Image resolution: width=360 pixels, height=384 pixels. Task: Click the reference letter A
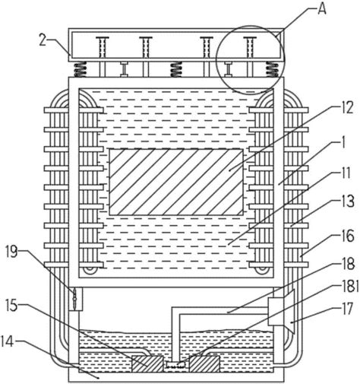pyautogui.click(x=321, y=10)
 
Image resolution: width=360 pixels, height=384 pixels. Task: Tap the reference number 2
pyautogui.click(x=43, y=40)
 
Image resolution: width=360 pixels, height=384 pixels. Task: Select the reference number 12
pyautogui.click(x=346, y=108)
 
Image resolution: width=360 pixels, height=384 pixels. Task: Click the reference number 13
pyautogui.click(x=347, y=202)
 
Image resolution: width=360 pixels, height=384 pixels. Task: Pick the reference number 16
pyautogui.click(x=346, y=236)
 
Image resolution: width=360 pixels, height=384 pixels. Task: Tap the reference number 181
pyautogui.click(x=349, y=287)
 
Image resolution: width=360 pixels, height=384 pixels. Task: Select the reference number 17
pyautogui.click(x=346, y=309)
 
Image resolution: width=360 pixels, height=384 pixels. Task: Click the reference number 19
pyautogui.click(x=12, y=252)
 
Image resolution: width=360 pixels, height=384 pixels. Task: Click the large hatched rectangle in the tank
pyautogui.click(x=176, y=182)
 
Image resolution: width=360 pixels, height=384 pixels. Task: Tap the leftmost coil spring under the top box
pyautogui.click(x=81, y=70)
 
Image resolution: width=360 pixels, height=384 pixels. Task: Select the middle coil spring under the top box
pyautogui.click(x=176, y=70)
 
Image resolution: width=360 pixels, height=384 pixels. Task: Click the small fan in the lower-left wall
pyautogui.click(x=75, y=299)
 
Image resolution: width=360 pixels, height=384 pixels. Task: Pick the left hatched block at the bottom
pyautogui.click(x=147, y=364)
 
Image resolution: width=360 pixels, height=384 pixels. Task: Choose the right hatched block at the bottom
pyautogui.click(x=204, y=364)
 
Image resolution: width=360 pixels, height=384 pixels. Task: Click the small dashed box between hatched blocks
pyautogui.click(x=176, y=364)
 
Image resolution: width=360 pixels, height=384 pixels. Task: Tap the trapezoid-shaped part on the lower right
pyautogui.click(x=289, y=311)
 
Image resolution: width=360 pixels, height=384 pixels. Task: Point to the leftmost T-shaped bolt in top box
pyautogui.click(x=103, y=47)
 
